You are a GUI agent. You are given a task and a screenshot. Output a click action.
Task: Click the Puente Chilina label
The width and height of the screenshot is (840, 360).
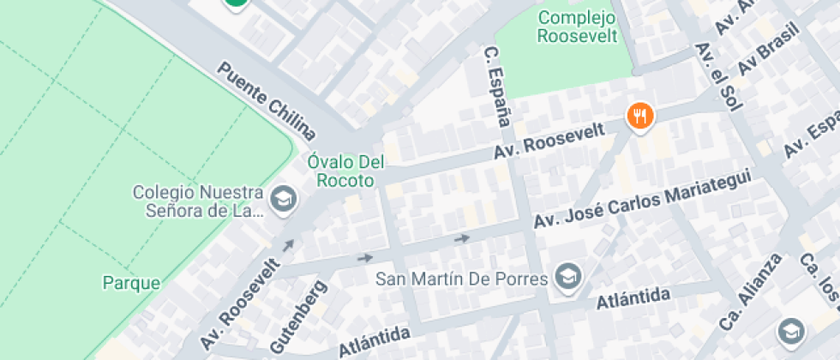pyautogui.click(x=267, y=101)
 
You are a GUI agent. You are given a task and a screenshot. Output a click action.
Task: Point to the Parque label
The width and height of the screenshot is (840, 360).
pyautogui.click(x=131, y=282)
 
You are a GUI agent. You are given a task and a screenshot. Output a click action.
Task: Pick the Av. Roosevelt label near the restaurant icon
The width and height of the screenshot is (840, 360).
pyautogui.click(x=549, y=141)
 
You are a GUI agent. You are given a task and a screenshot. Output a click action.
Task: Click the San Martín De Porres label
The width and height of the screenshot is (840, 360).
pyautogui.click(x=463, y=279)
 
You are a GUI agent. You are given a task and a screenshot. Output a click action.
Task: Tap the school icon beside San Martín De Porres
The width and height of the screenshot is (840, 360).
pyautogui.click(x=567, y=276)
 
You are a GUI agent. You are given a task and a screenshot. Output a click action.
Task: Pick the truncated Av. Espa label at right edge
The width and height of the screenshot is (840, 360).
pyautogui.click(x=810, y=136)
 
